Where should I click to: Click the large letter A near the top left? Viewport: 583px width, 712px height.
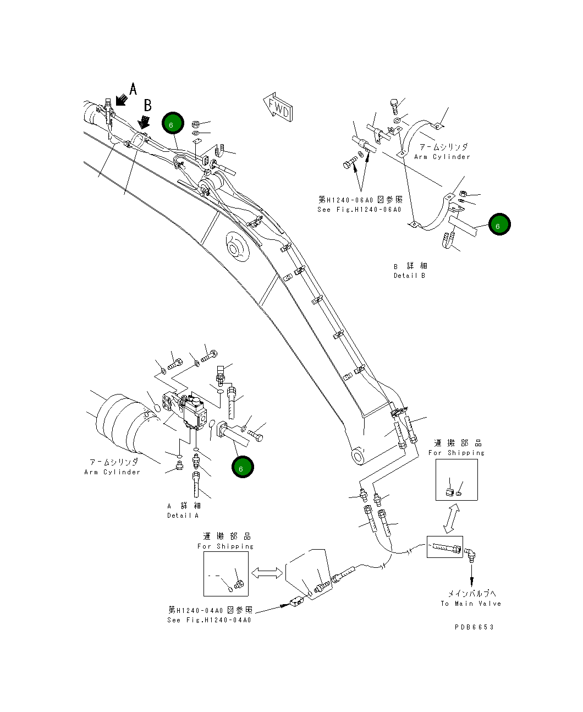133,89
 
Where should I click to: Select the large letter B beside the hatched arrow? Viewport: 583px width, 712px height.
147,105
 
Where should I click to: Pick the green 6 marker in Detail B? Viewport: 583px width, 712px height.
499,225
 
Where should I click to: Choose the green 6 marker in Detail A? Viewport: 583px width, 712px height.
242,468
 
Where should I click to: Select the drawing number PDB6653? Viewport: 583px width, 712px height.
474,627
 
